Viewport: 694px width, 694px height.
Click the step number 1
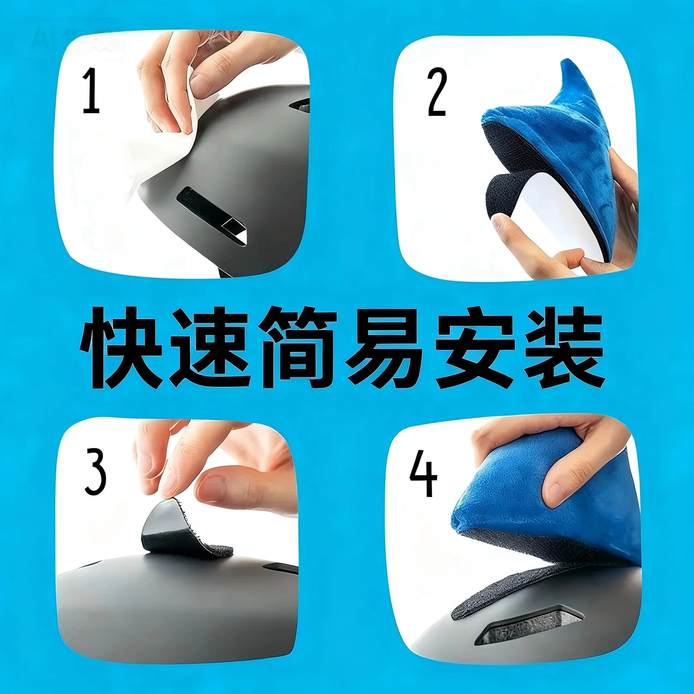point(91,91)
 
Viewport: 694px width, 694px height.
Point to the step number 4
point(423,474)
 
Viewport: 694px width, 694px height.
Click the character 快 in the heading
point(120,348)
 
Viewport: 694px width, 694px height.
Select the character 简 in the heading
point(300,348)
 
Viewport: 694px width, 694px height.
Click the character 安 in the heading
point(475,348)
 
